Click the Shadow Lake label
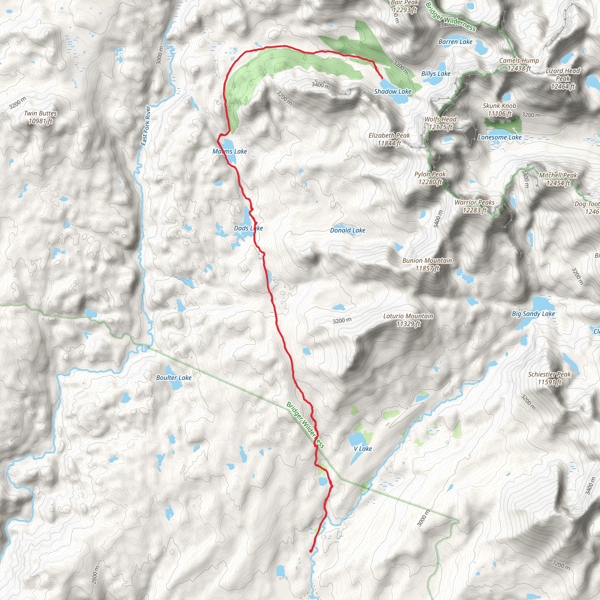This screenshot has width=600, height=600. coord(393,91)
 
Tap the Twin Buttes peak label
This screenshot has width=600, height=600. coord(41,117)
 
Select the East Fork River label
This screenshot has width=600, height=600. coord(145,125)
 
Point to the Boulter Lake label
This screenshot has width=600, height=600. coord(174,378)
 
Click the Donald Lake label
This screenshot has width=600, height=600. coord(347,230)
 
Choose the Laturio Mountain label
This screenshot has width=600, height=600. coord(408,320)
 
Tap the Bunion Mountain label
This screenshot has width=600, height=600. coord(427,264)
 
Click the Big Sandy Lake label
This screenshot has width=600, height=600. coord(533,314)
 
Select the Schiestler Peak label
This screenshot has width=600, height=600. coord(549,378)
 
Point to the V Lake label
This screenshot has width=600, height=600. coord(363,449)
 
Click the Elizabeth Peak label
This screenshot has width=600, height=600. coord(389,139)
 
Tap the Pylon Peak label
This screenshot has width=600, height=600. coord(430,178)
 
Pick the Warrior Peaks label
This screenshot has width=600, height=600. coord(475,206)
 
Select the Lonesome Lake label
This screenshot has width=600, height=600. coord(500,137)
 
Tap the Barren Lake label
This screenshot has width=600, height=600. coord(455,42)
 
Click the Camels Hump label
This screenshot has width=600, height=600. coord(519,64)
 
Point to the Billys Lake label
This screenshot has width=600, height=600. coord(436,74)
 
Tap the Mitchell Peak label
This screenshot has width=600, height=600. coord(558,179)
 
